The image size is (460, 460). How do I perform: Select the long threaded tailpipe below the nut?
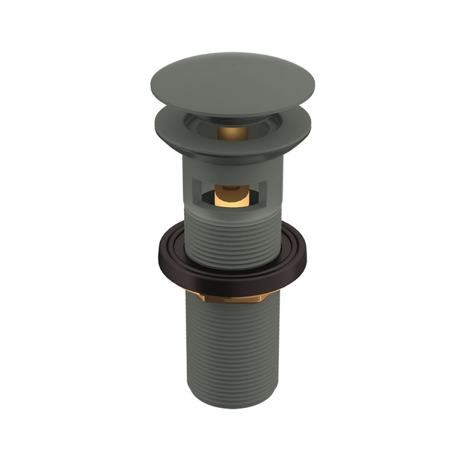tap(232, 350)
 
